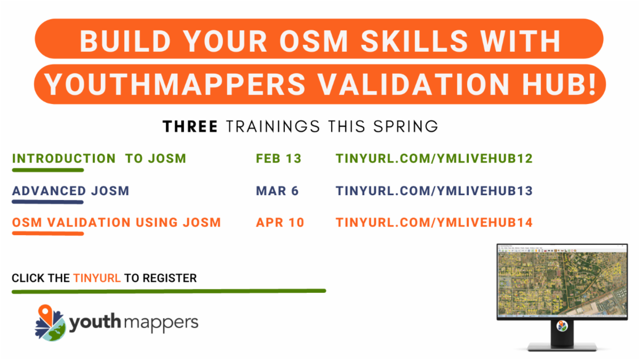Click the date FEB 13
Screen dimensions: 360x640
(x=278, y=158)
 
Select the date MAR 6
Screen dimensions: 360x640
(x=277, y=190)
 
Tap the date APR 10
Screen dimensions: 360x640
(x=280, y=222)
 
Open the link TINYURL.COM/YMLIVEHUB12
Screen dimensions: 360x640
(x=434, y=158)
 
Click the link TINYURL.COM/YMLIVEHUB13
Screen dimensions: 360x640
(x=434, y=190)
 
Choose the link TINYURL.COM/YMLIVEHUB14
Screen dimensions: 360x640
(x=434, y=222)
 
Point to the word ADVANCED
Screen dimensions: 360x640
(x=49, y=190)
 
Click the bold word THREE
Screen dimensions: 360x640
(x=190, y=126)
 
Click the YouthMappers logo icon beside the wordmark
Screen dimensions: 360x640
(x=51, y=323)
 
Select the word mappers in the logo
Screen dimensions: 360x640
(x=166, y=323)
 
